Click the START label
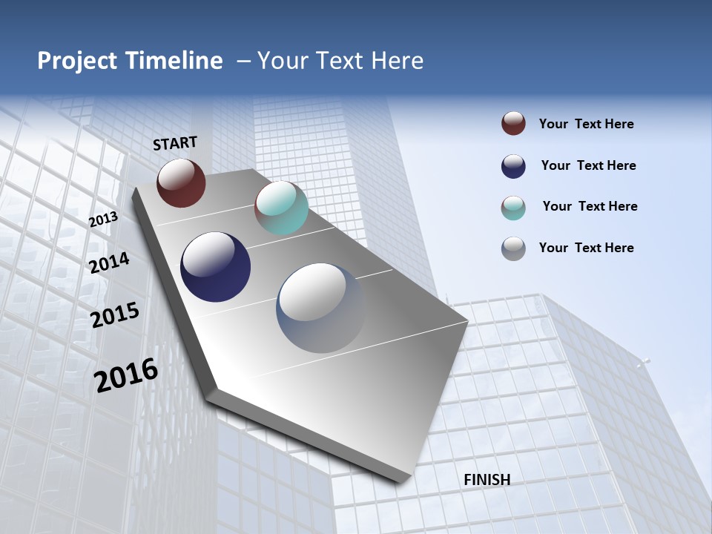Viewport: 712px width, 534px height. [x=175, y=143]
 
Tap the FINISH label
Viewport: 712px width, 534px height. [x=487, y=480]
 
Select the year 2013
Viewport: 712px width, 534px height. [x=104, y=219]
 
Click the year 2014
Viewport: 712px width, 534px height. [x=110, y=263]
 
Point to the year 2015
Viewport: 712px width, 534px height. [x=115, y=315]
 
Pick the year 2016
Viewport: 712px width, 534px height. [x=126, y=375]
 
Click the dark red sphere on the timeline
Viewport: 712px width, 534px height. [x=181, y=182]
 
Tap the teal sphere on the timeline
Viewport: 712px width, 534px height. [x=281, y=208]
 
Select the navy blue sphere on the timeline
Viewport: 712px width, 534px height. [x=216, y=267]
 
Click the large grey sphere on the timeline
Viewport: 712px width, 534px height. [x=322, y=308]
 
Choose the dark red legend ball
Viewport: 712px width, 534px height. [x=513, y=124]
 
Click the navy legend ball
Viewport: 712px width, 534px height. [x=513, y=166]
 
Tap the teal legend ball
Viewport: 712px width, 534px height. [x=513, y=208]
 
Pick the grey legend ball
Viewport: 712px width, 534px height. [x=513, y=248]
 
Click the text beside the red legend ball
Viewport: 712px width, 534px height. [x=586, y=125]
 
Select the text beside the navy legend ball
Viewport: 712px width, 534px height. [x=588, y=166]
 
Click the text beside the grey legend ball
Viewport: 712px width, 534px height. [x=586, y=248]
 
